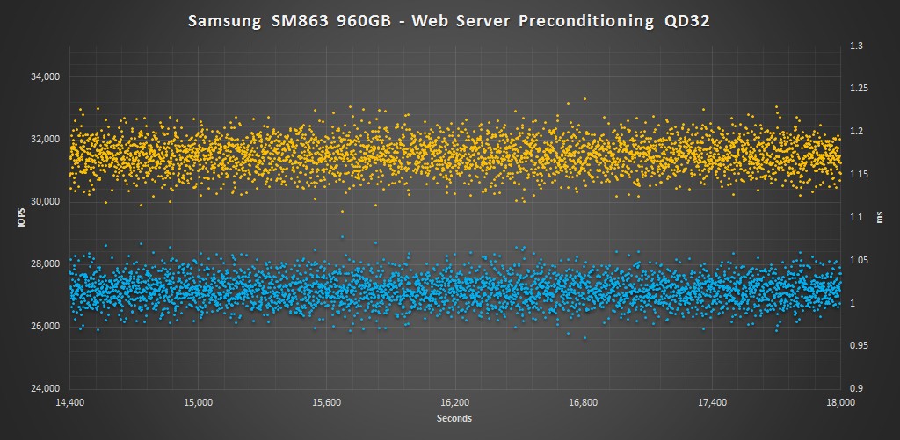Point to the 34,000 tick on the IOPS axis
tap(44, 77)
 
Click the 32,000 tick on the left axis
tap(44, 140)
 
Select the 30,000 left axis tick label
tap(44, 202)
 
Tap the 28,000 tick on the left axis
tap(44, 264)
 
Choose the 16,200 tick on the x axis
tap(454, 403)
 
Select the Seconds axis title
tap(454, 419)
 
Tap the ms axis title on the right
tap(880, 218)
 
